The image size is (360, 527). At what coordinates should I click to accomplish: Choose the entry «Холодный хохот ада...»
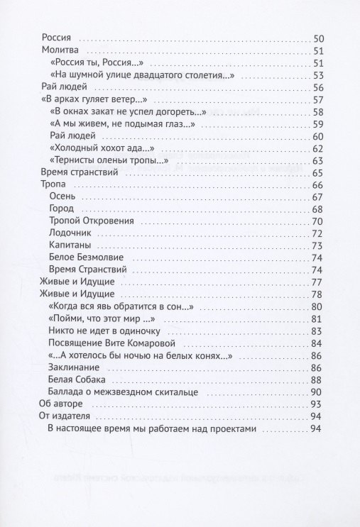(102, 148)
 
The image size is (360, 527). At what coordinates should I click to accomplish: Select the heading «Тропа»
(54, 184)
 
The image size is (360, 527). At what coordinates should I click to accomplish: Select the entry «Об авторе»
(62, 404)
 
